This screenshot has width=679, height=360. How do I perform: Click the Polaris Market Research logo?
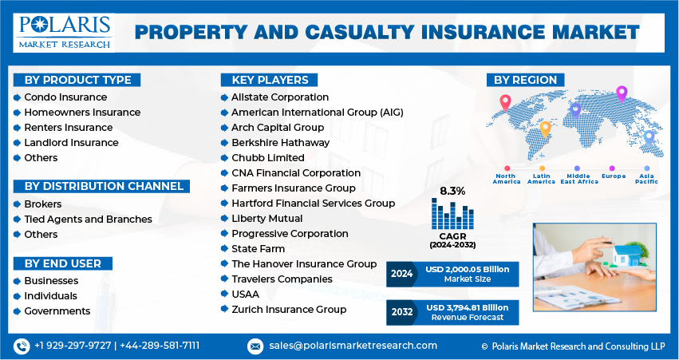point(64,31)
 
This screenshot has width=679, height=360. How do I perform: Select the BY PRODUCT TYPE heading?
point(77,80)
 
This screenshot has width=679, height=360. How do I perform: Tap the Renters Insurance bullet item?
point(68,128)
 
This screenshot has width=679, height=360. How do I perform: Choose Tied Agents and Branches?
point(88,219)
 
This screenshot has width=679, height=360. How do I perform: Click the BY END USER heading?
point(62,263)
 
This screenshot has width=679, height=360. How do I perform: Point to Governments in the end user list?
point(57,311)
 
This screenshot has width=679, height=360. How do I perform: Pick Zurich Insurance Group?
point(288,309)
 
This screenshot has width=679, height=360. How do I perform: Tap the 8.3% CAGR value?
point(452,192)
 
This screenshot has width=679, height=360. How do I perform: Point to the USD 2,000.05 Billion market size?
point(467,275)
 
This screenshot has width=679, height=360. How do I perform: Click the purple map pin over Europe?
point(622,93)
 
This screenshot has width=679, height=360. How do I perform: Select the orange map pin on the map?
point(546,128)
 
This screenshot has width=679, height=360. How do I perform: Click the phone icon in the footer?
point(21,346)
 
